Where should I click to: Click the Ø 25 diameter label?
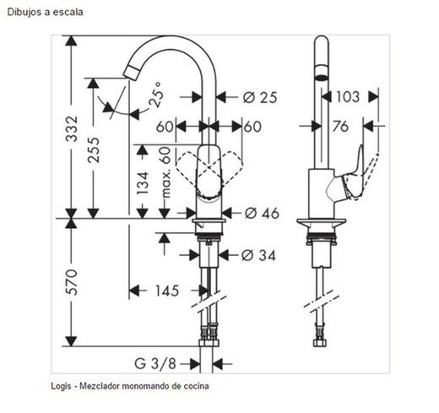tap(260, 97)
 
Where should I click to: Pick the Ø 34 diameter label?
tap(258, 254)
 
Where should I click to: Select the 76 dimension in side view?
tap(341, 127)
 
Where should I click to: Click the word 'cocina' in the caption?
tap(195, 386)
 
